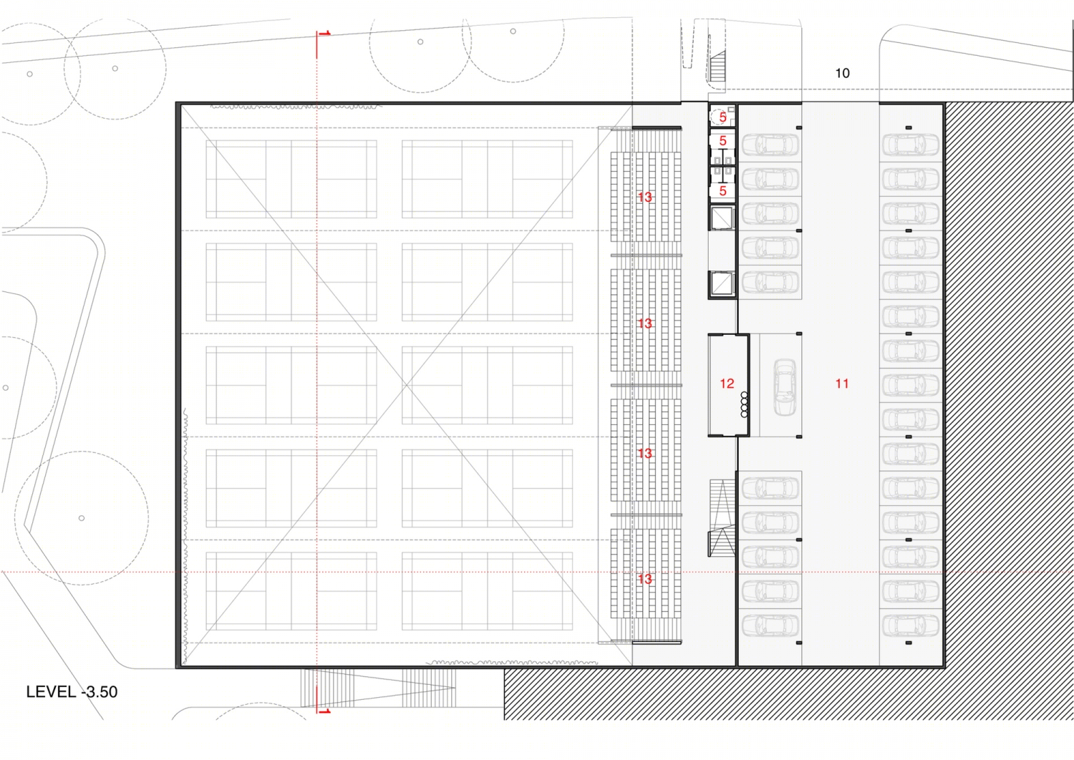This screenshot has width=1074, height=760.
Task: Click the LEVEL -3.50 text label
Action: click(72, 691)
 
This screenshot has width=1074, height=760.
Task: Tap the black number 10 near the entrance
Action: click(842, 73)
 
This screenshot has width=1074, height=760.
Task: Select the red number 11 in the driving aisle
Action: click(841, 384)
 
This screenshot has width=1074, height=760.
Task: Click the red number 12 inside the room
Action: click(727, 384)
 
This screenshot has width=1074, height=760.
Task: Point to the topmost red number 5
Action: click(722, 117)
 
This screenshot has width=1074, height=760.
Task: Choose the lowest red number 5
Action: click(722, 191)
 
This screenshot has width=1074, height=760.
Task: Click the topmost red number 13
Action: click(644, 197)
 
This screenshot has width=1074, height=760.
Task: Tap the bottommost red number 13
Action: click(644, 579)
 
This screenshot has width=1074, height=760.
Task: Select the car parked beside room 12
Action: click(785, 387)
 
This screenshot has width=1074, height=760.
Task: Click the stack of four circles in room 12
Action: click(744, 404)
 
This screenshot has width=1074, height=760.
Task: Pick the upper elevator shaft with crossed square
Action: click(722, 218)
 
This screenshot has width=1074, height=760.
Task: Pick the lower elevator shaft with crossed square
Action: click(722, 283)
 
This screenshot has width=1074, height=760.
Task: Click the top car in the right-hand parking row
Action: click(911, 145)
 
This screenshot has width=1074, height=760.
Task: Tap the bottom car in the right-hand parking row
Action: click(911, 625)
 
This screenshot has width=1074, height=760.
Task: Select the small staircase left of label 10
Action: click(717, 66)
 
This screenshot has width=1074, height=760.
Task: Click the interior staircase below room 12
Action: click(722, 518)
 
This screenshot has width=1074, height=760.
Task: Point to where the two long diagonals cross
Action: click(406, 385)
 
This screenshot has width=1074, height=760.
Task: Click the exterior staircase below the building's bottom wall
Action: click(378, 688)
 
